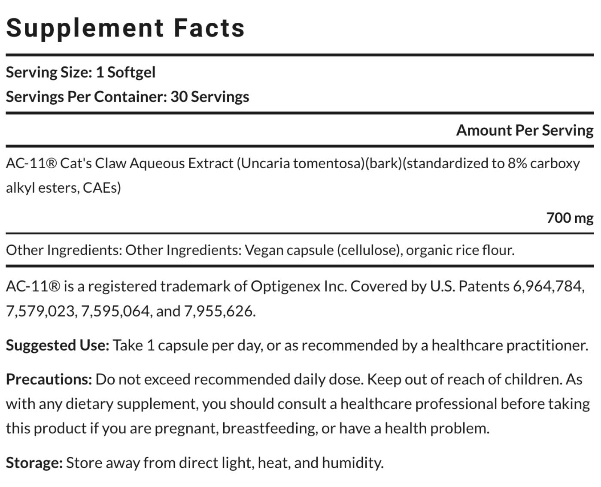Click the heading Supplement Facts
[125, 28]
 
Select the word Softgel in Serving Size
[131, 72]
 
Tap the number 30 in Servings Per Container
[179, 97]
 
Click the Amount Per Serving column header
[525, 130]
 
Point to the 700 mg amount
[570, 218]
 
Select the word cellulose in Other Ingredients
[369, 250]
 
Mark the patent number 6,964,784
[549, 286]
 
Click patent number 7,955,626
[219, 311]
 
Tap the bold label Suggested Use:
[58, 345]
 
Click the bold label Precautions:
[49, 379]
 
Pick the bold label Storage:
[34, 463]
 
